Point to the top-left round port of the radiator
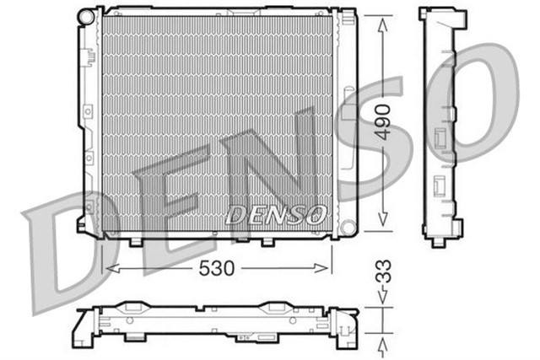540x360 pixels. point(85,17)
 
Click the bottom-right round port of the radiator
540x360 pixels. point(346,227)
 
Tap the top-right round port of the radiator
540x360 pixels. point(347,17)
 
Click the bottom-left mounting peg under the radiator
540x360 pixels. point(134,243)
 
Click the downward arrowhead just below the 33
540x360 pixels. point(382,298)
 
